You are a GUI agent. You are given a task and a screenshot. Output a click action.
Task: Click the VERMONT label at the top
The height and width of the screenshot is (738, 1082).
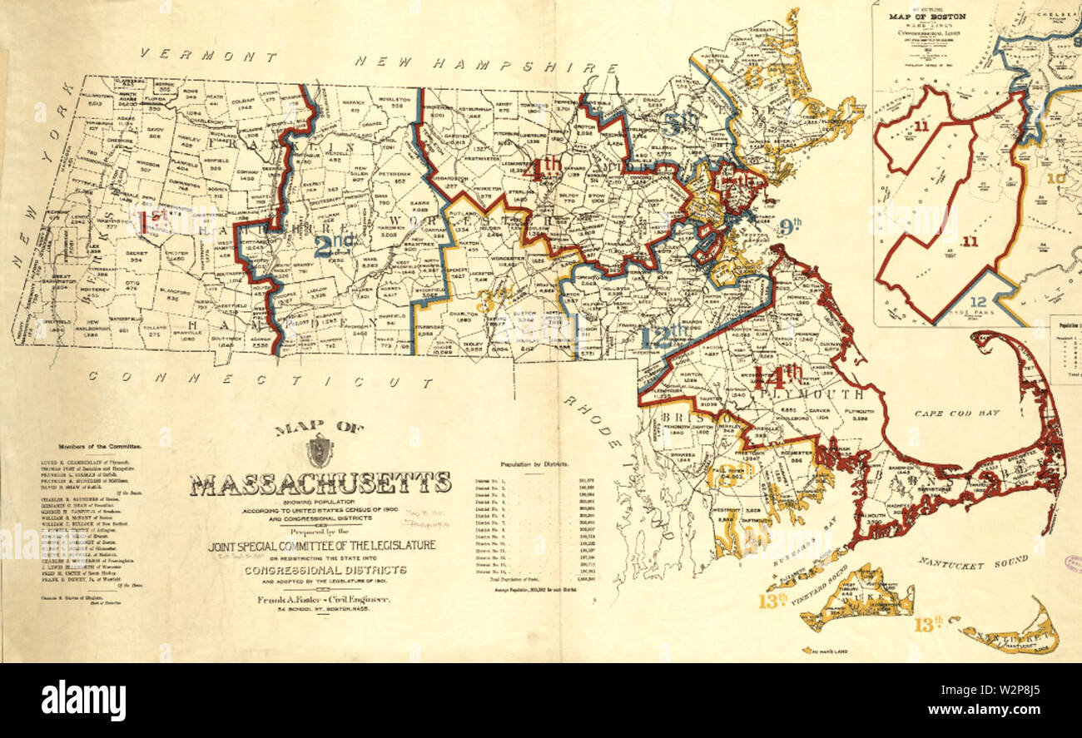point(209,57)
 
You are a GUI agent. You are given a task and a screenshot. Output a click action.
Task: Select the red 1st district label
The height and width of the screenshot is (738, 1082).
point(153,221)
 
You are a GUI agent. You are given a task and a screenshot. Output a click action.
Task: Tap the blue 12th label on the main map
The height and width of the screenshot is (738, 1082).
point(666,335)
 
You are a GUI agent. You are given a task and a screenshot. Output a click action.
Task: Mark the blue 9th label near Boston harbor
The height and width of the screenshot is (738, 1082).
point(790,223)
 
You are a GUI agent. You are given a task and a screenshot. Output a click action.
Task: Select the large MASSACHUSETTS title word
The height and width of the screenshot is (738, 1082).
point(320,483)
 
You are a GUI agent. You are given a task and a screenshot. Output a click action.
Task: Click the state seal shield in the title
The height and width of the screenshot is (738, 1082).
point(319,450)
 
